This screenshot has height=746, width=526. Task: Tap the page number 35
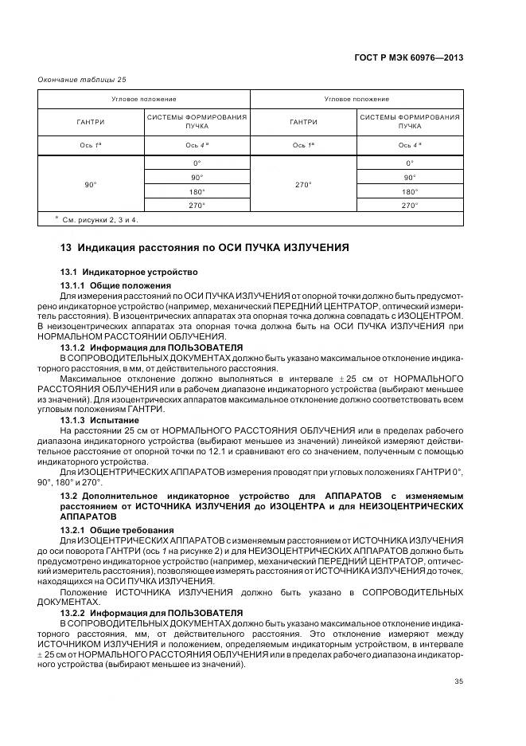pyautogui.click(x=458, y=681)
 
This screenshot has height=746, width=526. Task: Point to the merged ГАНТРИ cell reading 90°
pyautogui.click(x=90, y=184)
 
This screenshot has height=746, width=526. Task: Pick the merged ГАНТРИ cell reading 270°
pyautogui.click(x=303, y=184)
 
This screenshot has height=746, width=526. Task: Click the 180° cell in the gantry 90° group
pyautogui.click(x=196, y=191)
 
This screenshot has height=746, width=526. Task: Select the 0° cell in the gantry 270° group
pyautogui.click(x=409, y=163)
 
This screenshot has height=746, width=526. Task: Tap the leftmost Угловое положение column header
pyautogui.click(x=144, y=99)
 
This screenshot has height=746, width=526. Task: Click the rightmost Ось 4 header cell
pyautogui.click(x=409, y=145)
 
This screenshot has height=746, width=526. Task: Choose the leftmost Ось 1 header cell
pyautogui.click(x=90, y=145)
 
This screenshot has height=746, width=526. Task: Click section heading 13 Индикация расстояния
pyautogui.click(x=205, y=248)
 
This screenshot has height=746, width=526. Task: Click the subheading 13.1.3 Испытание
pyautogui.click(x=99, y=419)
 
